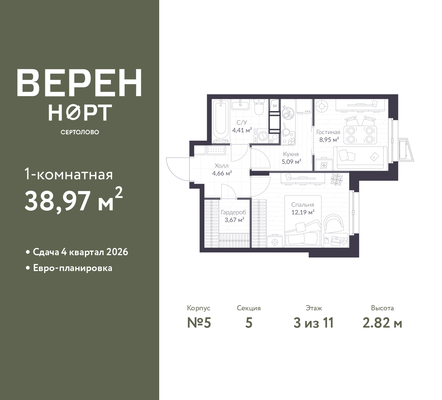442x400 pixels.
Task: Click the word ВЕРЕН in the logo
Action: point(79,82)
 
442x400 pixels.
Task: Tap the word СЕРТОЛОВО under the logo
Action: point(80,132)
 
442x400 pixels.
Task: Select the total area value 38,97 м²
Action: point(74,200)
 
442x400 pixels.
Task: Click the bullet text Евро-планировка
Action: point(73,268)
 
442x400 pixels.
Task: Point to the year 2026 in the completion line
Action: point(117,252)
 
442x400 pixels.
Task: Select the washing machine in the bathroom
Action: point(262,136)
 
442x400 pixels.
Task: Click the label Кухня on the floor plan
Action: point(291,154)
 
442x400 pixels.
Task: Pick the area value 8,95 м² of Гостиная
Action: point(329,140)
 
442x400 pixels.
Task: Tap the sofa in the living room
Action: point(360,158)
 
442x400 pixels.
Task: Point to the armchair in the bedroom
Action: point(334,224)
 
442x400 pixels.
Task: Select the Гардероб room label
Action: point(233,212)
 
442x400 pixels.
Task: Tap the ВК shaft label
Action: point(275,106)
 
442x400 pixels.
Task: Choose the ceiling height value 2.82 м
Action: point(383,323)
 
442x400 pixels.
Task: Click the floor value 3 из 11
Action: point(314,323)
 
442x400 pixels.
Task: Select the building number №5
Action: point(199,323)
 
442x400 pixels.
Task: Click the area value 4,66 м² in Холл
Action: point(222,173)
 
